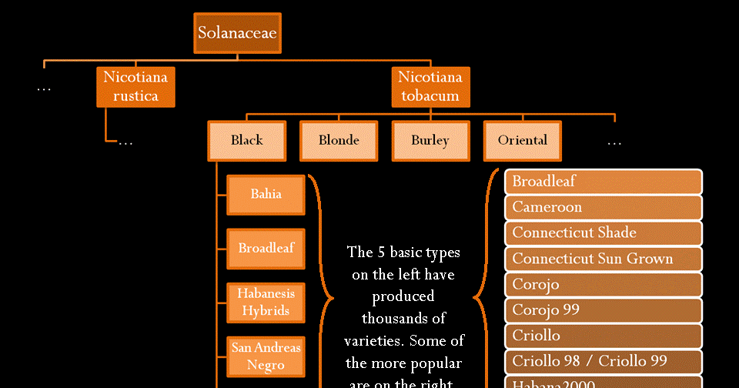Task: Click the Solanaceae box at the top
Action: pos(237,33)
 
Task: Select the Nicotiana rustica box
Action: pos(135,86)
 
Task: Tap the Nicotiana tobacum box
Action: pos(430,86)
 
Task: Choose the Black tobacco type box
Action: pos(246,140)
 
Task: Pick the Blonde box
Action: pos(339,140)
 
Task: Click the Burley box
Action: pos(430,140)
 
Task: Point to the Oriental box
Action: pos(523,140)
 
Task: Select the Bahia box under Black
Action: pos(266,194)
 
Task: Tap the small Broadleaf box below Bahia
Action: pos(266,248)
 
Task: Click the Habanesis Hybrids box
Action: pos(266,302)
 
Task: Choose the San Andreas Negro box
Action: pos(266,356)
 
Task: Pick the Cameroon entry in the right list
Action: pos(604,207)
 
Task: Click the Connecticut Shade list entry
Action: pos(604,232)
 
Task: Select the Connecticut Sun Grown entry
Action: pos(604,259)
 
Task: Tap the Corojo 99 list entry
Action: pos(604,309)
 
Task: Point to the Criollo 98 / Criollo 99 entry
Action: pos(604,360)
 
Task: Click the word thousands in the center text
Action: pos(403,317)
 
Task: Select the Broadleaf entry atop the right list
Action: pos(604,182)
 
